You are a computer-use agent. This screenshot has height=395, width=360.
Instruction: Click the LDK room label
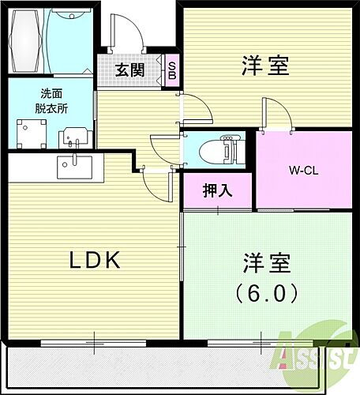coord(92,260)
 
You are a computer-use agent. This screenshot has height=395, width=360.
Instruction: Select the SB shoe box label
coord(172,69)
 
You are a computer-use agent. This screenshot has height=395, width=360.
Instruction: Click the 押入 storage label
coord(217,190)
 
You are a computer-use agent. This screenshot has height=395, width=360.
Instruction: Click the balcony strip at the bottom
coord(158,370)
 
